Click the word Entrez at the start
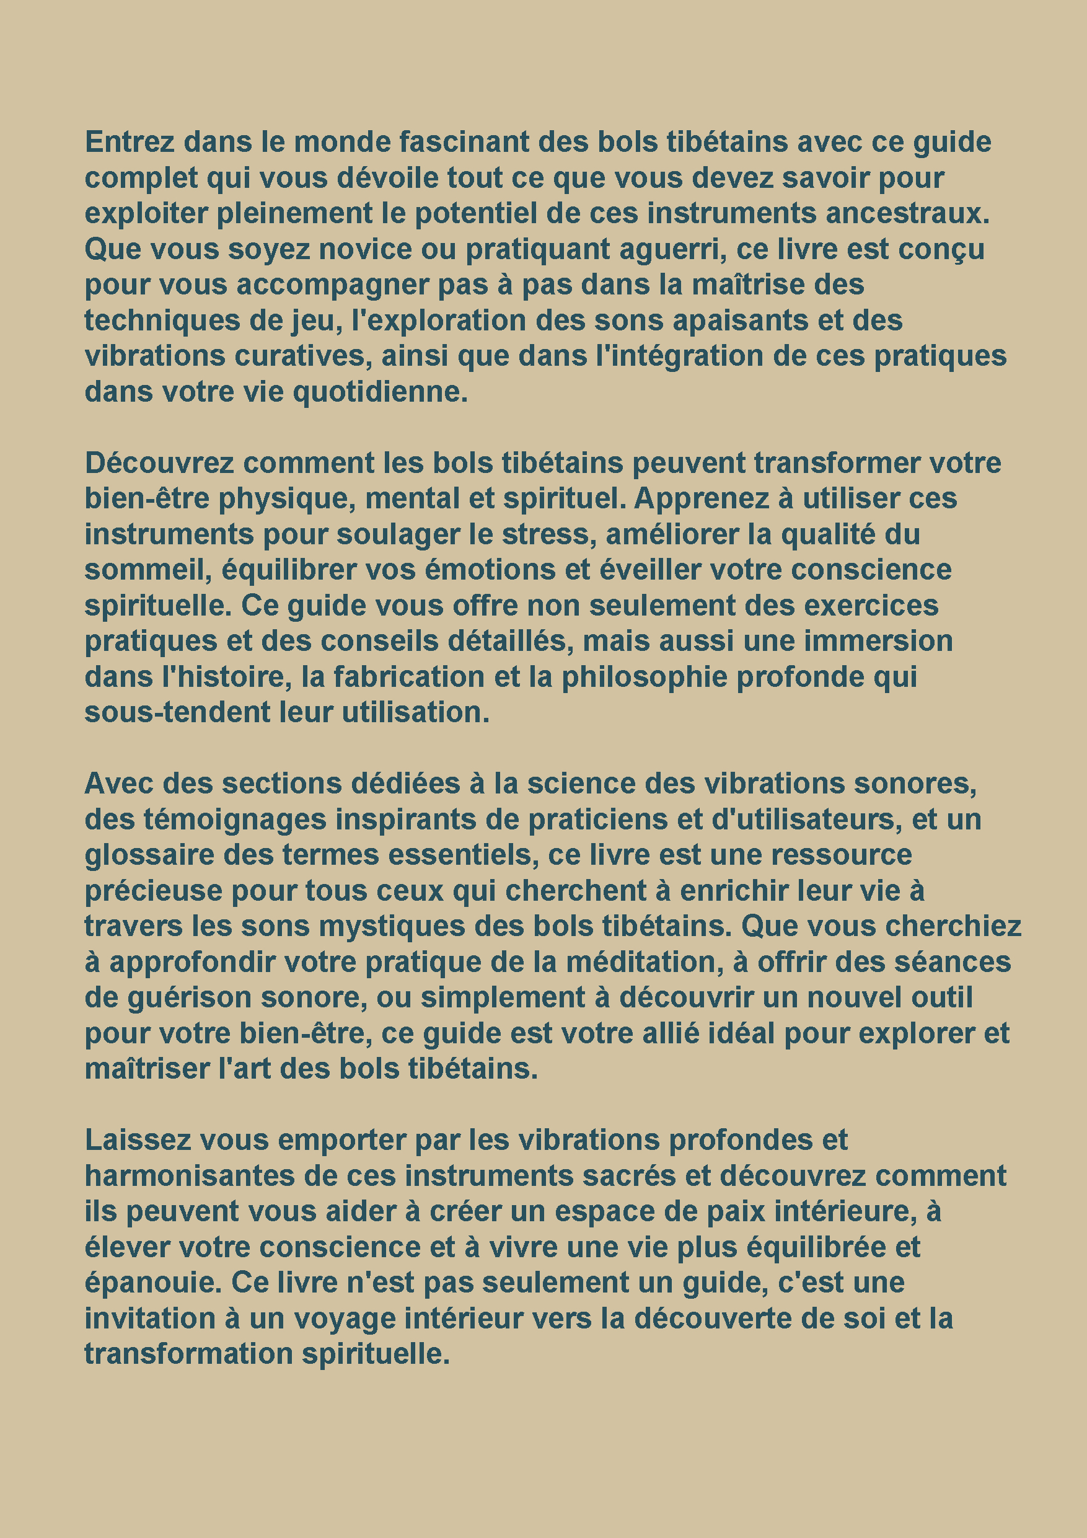(130, 142)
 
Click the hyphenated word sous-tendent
(177, 712)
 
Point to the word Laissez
(138, 1140)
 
